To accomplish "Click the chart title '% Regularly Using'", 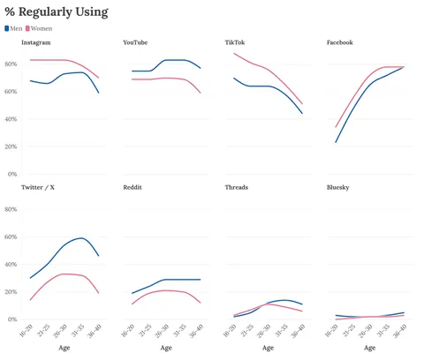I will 57,11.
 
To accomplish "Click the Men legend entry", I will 14,28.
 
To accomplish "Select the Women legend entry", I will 39,28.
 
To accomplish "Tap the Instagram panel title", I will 36,42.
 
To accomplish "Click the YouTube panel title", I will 135,42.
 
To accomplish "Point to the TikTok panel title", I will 235,42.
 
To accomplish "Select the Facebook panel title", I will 340,42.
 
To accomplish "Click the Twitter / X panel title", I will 38,188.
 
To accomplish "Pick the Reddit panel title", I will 133,188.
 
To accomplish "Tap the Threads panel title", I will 237,188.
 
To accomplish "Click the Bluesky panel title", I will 338,188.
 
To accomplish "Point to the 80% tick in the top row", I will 11,64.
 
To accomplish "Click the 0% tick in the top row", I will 12,174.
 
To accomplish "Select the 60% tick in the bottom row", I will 11,236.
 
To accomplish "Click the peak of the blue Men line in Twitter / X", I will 81,237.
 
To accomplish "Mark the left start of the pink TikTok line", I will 234,54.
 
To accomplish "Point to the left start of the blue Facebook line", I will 336,142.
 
